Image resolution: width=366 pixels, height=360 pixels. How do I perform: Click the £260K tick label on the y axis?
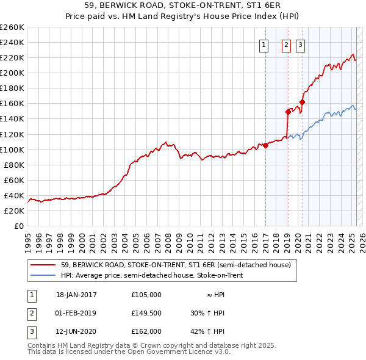[12, 27]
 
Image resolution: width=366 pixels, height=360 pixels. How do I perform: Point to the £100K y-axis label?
[12, 149]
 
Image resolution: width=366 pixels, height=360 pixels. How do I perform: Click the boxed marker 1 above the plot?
[264, 44]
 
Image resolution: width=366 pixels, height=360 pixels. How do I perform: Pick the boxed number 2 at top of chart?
[286, 44]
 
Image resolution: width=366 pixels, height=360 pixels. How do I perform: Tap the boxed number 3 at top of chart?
[301, 44]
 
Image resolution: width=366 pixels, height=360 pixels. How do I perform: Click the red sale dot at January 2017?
[266, 145]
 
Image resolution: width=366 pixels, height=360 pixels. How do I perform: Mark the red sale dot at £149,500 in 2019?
[288, 112]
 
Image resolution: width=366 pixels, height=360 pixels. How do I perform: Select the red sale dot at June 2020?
[303, 102]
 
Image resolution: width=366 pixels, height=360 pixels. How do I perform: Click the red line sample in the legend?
[44, 265]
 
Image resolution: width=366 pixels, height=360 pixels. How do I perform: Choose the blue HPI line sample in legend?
[44, 275]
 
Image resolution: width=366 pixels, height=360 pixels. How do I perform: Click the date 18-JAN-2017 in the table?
[76, 295]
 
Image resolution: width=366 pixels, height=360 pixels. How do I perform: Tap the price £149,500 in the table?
[146, 313]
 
